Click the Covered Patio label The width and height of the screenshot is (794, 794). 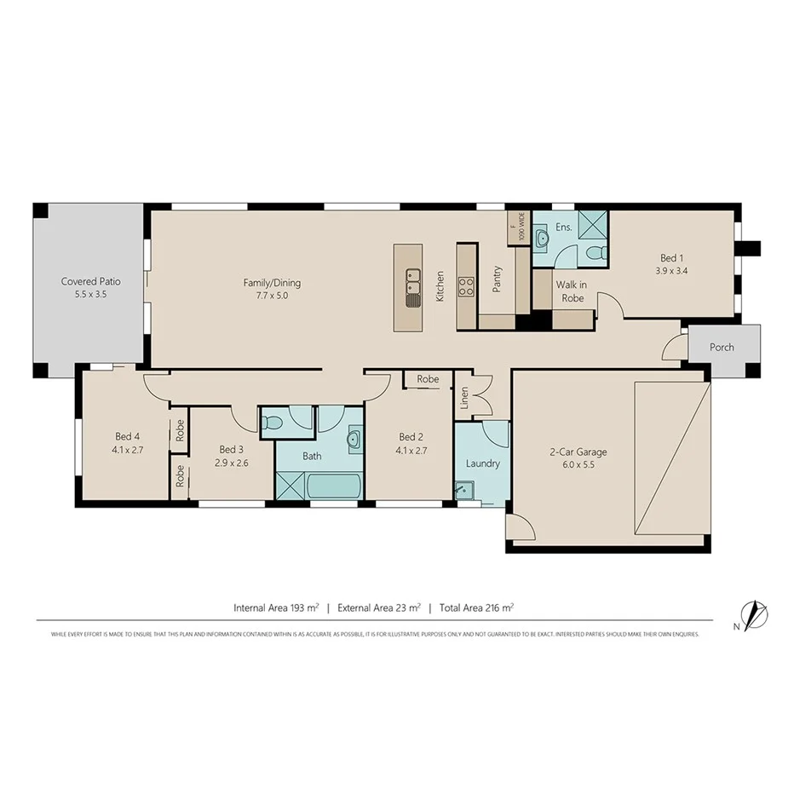coord(90,281)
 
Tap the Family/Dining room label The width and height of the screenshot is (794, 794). coord(272,283)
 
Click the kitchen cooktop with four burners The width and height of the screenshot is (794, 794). coord(466,285)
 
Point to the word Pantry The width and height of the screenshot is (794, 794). coord(497,279)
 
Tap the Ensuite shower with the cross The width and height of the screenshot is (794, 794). coord(592,223)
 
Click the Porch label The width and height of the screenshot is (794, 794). coord(722,347)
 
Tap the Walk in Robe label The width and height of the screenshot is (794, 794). coord(570,291)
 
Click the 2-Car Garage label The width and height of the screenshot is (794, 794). coord(578,452)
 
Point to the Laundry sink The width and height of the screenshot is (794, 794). coord(464,491)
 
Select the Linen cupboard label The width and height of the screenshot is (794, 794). coord(464,399)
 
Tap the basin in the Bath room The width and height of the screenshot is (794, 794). coord(354,439)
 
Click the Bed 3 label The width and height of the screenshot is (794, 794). coord(232,449)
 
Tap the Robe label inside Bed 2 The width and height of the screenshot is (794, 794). coord(428,379)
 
